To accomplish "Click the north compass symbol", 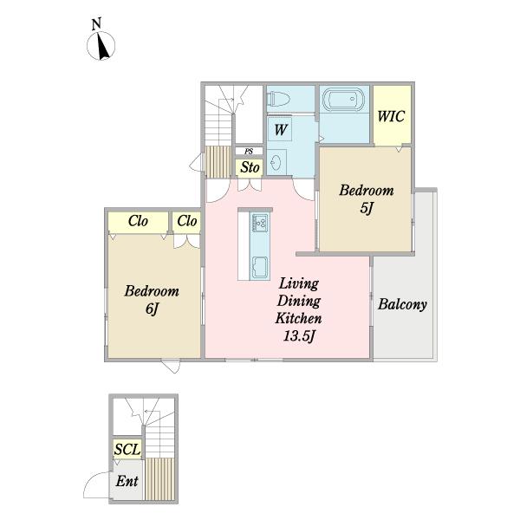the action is coord(101,46).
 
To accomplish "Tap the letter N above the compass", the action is coord(96,24).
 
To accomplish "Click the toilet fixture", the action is coord(279,99).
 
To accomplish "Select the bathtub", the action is coord(345,99).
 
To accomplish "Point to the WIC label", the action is coord(392,116).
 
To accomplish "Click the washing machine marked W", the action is coord(280,130).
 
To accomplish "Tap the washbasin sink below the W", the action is coord(277,163).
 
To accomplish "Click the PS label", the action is coord(249,152).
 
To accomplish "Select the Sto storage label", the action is coord(250,167).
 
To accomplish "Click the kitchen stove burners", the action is coord(260,223).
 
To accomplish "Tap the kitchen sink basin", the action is coord(260,267).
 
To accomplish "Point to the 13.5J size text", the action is coord(299,336).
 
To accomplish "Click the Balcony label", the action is coord(402,304).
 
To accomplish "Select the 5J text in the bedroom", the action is coord(367,208).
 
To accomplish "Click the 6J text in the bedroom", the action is coord(153,309).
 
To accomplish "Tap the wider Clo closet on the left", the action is coord(138,221).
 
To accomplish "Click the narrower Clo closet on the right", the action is coord(186,221).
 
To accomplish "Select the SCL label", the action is coord(127,450).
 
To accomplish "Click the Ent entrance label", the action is coord(127,481).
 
